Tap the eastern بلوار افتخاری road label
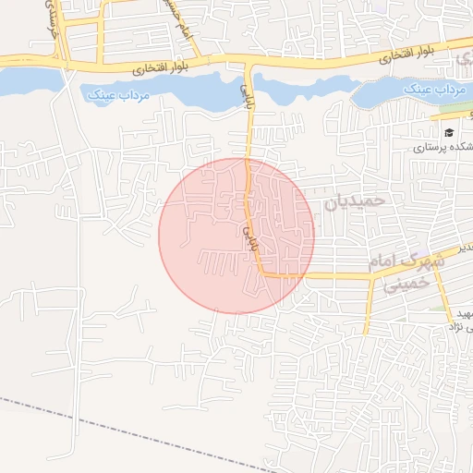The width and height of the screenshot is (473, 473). coord(406,57)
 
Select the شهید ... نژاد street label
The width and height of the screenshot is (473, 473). coord(458,320)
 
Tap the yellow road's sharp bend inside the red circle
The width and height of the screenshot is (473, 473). coord(263,273)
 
